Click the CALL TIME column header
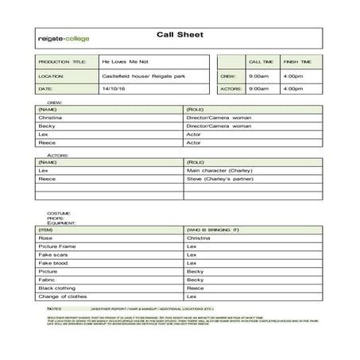[x=261, y=61]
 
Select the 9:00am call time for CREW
[x=258, y=75]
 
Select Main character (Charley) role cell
[x=219, y=170]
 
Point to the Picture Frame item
[x=56, y=246]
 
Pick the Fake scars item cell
[x=52, y=254]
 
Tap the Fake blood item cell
[x=52, y=263]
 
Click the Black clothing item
[x=56, y=288]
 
